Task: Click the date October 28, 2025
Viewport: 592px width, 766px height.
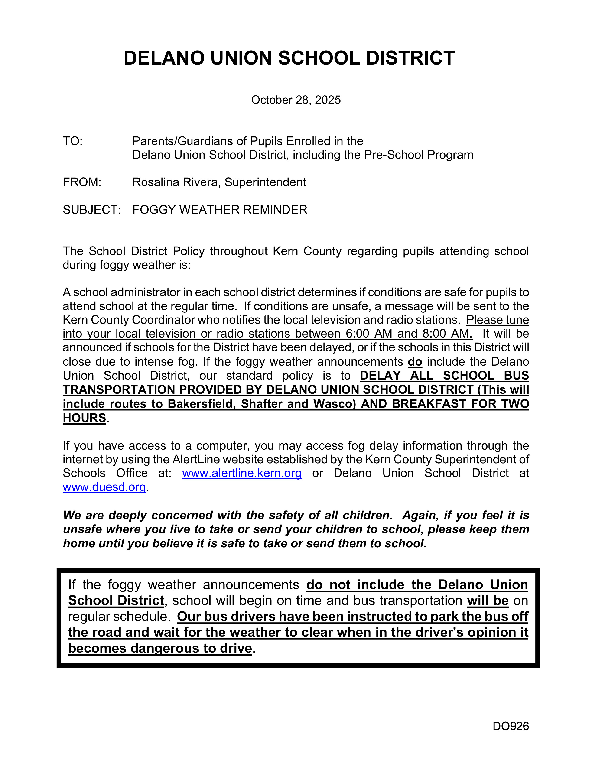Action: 296,100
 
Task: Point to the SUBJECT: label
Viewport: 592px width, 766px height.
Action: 91,210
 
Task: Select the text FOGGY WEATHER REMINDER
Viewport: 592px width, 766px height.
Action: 220,210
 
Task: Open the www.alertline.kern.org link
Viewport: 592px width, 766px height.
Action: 242,473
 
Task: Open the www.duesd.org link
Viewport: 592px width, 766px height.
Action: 104,487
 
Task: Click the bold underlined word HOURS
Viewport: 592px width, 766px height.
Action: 85,418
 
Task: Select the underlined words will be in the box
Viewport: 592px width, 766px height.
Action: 488,601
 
